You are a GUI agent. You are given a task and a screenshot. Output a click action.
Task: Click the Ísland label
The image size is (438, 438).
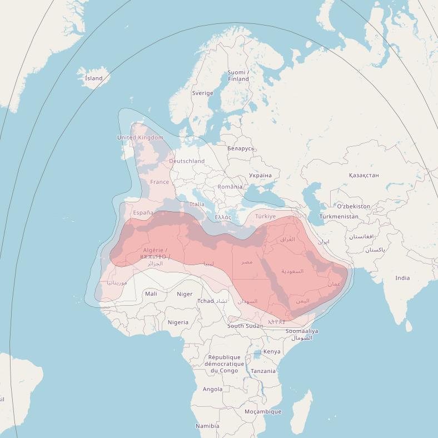(x=93, y=78)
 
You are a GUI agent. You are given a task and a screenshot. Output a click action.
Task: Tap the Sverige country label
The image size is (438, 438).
(x=202, y=93)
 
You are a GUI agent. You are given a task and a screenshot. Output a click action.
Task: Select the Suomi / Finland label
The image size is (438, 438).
(x=238, y=76)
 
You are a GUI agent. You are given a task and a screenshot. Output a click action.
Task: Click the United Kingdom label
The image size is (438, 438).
(x=140, y=137)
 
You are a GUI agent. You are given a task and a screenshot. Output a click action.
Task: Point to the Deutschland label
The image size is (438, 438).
(x=187, y=161)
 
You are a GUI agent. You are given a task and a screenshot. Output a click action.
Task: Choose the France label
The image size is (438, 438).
(x=160, y=182)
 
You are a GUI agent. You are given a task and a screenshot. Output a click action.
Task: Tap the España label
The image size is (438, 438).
(x=143, y=212)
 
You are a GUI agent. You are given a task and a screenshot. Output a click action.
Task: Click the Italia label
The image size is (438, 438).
(x=197, y=204)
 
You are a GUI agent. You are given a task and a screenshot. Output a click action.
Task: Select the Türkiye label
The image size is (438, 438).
(x=265, y=216)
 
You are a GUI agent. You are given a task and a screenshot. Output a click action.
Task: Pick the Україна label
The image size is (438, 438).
(x=260, y=175)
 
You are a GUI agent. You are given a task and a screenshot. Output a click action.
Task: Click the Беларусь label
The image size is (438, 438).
(x=241, y=148)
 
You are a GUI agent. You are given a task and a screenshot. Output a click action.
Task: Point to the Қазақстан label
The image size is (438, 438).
(x=364, y=175)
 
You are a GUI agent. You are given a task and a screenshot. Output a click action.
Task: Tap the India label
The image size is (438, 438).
(x=402, y=278)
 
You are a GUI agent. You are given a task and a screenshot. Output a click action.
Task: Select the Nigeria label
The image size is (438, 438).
(x=178, y=322)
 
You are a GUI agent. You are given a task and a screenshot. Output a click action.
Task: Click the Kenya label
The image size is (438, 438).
(x=272, y=352)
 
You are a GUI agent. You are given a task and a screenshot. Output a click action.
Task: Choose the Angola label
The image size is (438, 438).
(x=212, y=389)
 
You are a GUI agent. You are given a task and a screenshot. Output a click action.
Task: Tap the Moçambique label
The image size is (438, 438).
(x=263, y=412)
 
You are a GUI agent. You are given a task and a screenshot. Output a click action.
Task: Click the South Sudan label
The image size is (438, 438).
(x=245, y=326)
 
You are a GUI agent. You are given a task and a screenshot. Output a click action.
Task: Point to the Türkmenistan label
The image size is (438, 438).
(x=339, y=216)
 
